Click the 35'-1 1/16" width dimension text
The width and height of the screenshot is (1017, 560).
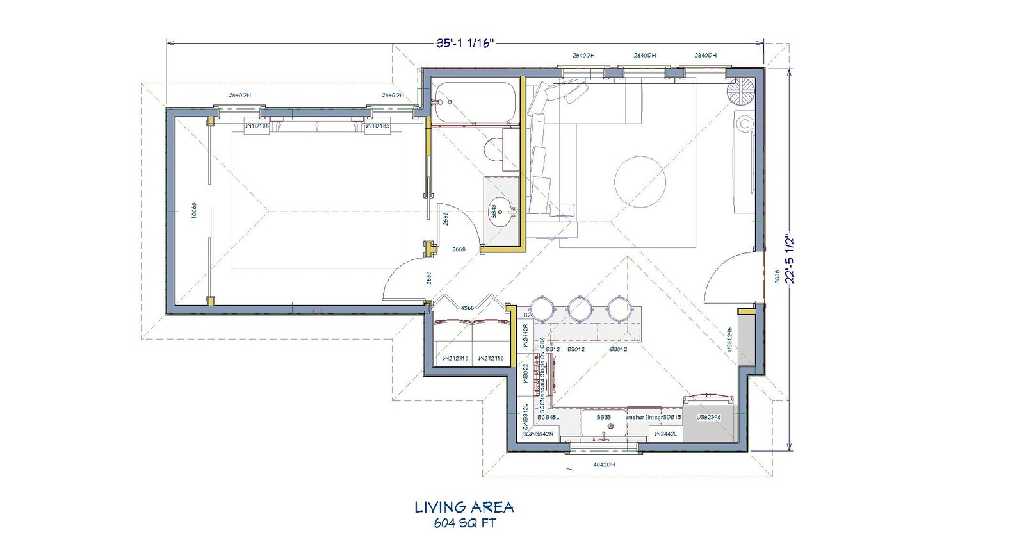click(x=465, y=44)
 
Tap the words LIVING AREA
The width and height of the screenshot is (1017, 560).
click(x=464, y=507)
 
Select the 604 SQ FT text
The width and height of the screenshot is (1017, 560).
click(x=464, y=523)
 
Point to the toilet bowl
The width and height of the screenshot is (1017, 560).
click(x=495, y=151)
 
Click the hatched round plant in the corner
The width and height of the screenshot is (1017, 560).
click(x=741, y=91)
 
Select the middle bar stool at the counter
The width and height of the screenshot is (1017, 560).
click(x=580, y=308)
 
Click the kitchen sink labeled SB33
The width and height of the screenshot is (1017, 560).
click(x=604, y=424)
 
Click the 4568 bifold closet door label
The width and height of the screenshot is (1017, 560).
click(x=467, y=308)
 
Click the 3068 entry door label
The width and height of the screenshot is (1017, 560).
click(x=776, y=277)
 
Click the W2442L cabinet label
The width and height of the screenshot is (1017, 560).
click(x=665, y=434)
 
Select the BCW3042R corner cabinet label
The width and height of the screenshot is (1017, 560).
click(x=537, y=434)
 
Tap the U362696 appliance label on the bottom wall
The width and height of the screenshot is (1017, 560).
click(x=708, y=417)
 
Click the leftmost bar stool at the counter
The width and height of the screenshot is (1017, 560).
click(x=542, y=308)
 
